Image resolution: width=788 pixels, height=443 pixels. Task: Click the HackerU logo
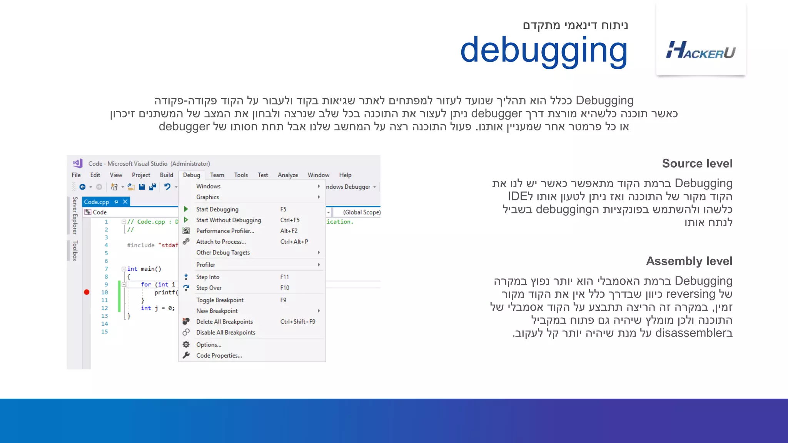[x=701, y=50]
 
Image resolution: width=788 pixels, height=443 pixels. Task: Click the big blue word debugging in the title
[x=544, y=50]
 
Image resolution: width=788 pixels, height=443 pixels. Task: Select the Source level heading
[x=697, y=163]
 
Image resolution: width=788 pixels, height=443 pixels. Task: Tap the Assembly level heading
[x=689, y=261]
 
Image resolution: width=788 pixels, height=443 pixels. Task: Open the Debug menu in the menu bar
[x=192, y=175]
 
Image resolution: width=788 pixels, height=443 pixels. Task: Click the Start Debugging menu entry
[x=217, y=209]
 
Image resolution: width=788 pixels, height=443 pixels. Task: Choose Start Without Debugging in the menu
[x=229, y=220]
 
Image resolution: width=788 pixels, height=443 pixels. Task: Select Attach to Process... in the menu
[x=221, y=241]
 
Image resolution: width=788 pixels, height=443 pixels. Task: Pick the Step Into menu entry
[x=208, y=277]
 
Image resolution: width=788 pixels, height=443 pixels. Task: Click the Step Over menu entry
[x=209, y=288]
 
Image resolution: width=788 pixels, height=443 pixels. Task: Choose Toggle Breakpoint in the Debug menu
[x=220, y=300]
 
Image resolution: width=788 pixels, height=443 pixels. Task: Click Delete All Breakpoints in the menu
[x=224, y=321]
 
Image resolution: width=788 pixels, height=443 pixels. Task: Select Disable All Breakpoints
[x=225, y=332]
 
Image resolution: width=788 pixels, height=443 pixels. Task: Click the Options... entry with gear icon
[x=209, y=345]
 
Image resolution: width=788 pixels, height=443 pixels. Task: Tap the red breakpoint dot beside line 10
[x=87, y=292]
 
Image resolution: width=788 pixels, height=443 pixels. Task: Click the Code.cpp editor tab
[x=97, y=202]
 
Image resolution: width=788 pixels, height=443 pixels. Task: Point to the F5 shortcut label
[x=283, y=209]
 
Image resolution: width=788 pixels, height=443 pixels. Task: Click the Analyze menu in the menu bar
[x=288, y=175]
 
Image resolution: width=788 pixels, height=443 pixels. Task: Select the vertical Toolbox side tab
[x=75, y=251]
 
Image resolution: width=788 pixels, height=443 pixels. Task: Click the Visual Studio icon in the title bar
[x=78, y=163]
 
